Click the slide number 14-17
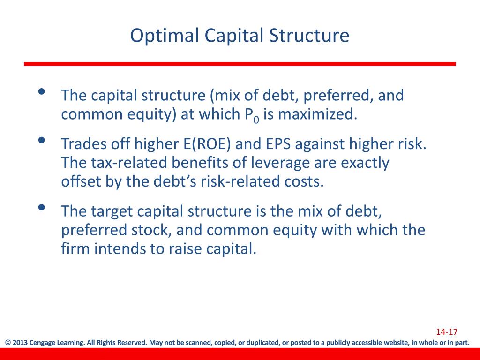point(447,332)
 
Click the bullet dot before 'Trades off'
point(42,140)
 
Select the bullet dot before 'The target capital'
point(42,207)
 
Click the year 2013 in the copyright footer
point(20,343)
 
